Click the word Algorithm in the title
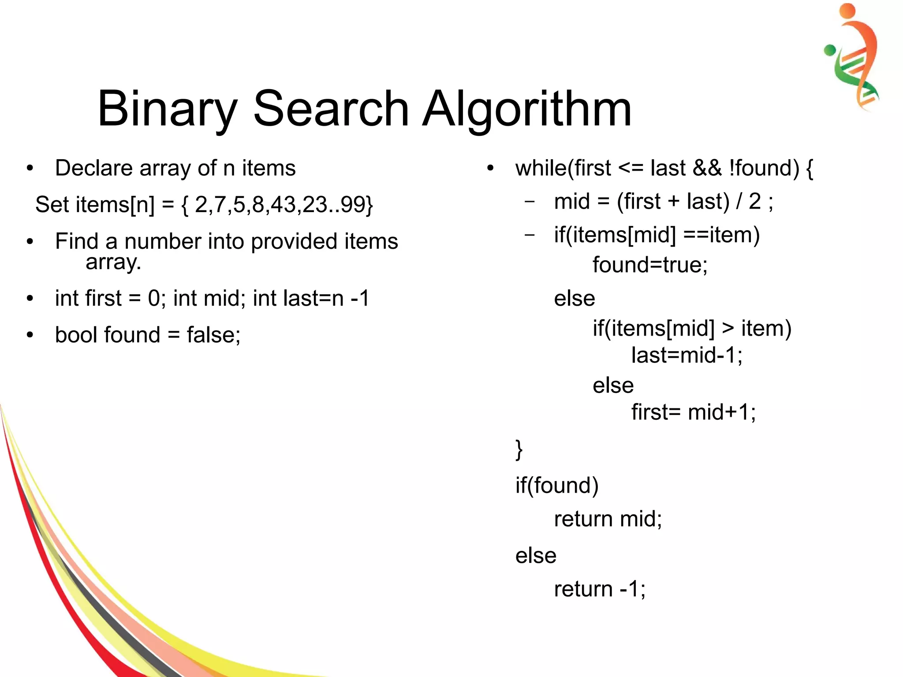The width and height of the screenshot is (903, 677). tap(527, 109)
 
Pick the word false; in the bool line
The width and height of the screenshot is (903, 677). tap(213, 335)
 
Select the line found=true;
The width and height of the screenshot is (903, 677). tap(649, 265)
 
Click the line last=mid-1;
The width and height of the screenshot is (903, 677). tap(687, 355)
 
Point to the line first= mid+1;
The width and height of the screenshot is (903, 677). tap(693, 412)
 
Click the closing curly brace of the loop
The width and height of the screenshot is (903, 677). tap(519, 449)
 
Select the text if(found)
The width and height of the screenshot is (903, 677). tap(557, 486)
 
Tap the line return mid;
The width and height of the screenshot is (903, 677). tap(608, 519)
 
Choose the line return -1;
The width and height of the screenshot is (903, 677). tap(600, 589)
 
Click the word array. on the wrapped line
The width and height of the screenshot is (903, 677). tap(113, 262)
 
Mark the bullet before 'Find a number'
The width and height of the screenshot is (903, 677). tap(30, 242)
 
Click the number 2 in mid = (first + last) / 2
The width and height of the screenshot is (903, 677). tap(754, 202)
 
